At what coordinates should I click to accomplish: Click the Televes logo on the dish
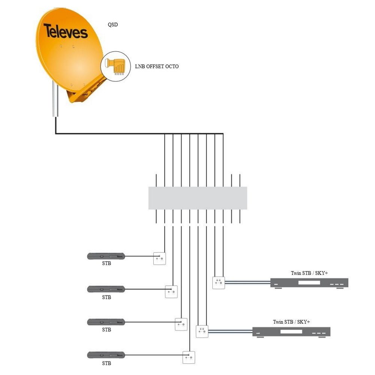click(66, 31)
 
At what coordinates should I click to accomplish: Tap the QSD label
click(113, 25)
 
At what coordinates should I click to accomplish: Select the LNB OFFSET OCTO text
click(157, 66)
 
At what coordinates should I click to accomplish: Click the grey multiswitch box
click(198, 198)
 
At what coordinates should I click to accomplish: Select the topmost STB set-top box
click(106, 256)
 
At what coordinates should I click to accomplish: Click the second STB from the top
click(106, 289)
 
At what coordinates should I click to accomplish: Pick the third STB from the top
click(106, 322)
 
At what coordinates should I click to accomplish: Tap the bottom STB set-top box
click(106, 355)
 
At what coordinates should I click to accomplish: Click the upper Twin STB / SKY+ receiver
click(309, 283)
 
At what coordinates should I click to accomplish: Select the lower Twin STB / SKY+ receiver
click(291, 331)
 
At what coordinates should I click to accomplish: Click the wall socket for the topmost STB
click(159, 258)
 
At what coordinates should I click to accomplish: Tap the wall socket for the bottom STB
click(189, 357)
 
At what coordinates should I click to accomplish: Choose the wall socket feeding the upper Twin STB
click(219, 283)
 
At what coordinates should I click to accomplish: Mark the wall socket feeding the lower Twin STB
click(202, 331)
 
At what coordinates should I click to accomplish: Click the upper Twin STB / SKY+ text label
click(309, 273)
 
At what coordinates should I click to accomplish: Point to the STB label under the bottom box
click(106, 363)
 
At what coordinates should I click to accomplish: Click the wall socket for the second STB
click(171, 291)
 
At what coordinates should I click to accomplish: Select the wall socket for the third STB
click(181, 324)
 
